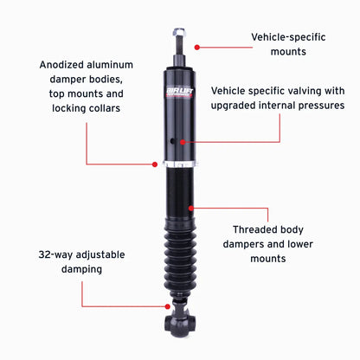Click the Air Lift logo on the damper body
tap(179, 93)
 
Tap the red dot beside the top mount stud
tap(197, 47)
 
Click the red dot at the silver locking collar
tap(155, 164)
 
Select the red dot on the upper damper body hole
tap(183, 142)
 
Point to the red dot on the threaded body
tap(191, 208)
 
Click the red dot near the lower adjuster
tap(168, 306)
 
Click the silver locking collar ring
tap(180, 164)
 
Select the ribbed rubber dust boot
tap(180, 258)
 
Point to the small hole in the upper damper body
tap(173, 141)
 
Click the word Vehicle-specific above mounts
tap(288, 37)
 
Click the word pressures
tap(321, 106)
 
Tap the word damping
tap(81, 269)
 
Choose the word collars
tap(105, 108)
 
